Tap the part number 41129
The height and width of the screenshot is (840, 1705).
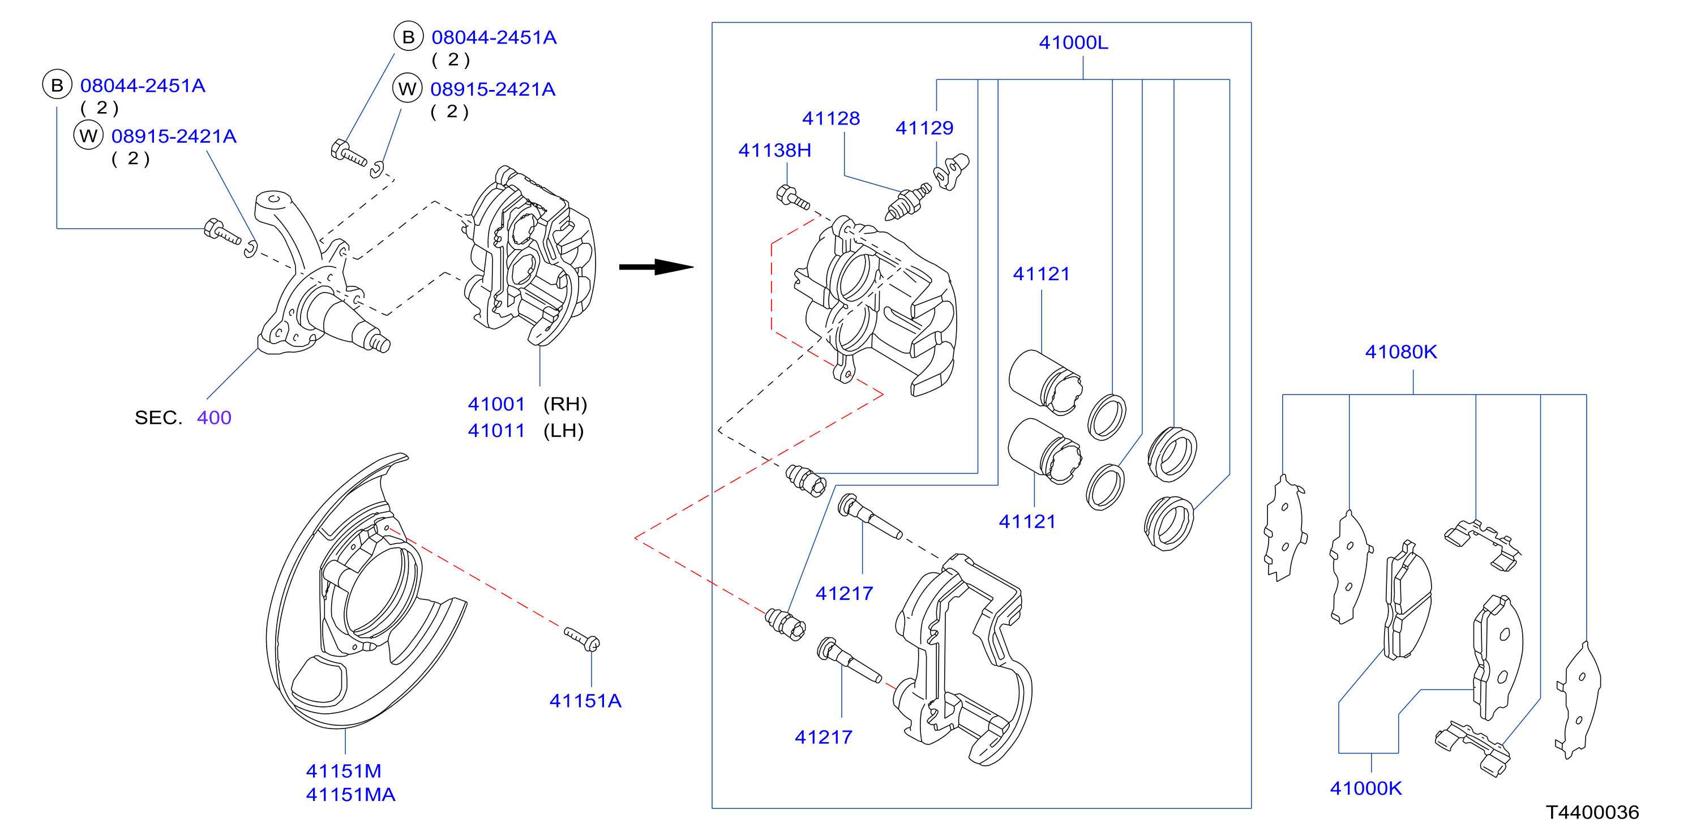924,128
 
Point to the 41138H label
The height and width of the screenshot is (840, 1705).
774,150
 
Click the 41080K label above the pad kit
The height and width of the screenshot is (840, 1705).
1400,352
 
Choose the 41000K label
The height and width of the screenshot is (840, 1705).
1365,788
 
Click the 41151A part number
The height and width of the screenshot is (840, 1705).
585,700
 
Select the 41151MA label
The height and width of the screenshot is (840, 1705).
350,794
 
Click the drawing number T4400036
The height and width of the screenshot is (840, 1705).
1592,812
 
